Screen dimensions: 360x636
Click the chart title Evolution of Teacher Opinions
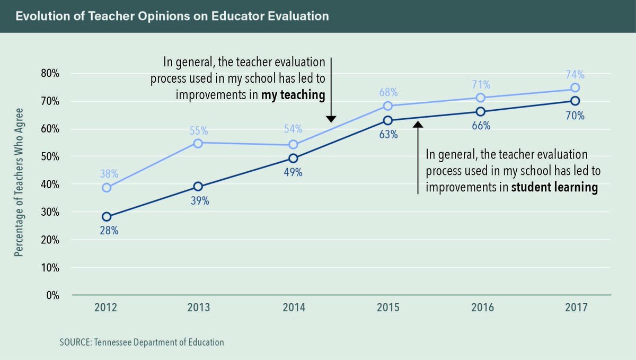pyautogui.click(x=172, y=16)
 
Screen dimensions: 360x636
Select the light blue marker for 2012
pyautogui.click(x=107, y=188)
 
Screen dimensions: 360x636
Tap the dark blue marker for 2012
pyautogui.click(x=107, y=216)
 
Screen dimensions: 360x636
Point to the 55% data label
pyautogui.click(x=198, y=130)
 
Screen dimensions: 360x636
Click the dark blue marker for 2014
pyautogui.click(x=293, y=158)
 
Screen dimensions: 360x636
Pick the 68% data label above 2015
pyautogui.click(x=388, y=92)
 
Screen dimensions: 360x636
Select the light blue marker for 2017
pyautogui.click(x=575, y=87)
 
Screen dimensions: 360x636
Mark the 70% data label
pyautogui.click(x=575, y=115)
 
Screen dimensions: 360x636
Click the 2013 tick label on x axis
pyautogui.click(x=198, y=308)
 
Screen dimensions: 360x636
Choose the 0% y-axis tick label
pyautogui.click(x=51, y=295)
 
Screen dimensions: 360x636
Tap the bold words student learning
pyautogui.click(x=554, y=188)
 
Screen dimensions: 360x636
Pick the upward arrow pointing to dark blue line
pyautogui.click(x=418, y=156)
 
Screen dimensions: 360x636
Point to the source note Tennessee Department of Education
pyautogui.click(x=142, y=342)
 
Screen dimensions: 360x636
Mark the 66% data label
pyautogui.click(x=480, y=126)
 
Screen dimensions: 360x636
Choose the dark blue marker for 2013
pyautogui.click(x=198, y=186)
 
